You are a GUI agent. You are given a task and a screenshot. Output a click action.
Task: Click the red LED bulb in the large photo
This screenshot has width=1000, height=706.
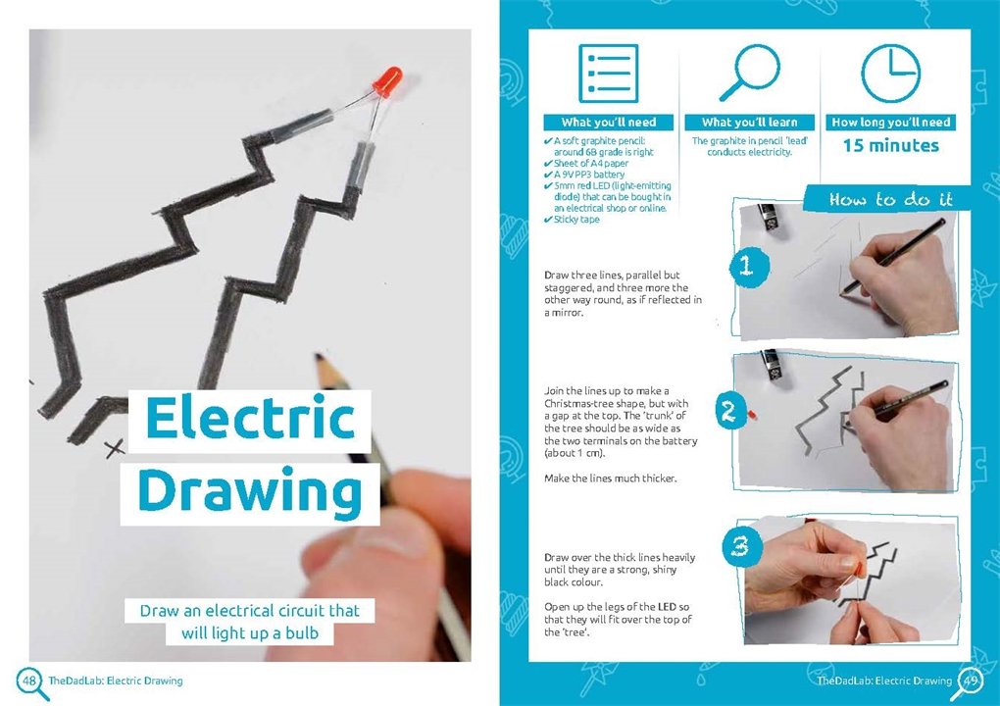click(x=387, y=81)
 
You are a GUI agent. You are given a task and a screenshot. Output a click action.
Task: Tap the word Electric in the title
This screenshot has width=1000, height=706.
click(x=250, y=418)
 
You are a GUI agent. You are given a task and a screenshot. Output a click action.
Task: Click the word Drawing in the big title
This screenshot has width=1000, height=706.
click(x=250, y=491)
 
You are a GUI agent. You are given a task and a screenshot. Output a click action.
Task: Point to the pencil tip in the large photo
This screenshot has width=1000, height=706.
click(x=319, y=360)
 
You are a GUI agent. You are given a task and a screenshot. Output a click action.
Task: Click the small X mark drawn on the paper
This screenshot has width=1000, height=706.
click(x=115, y=448)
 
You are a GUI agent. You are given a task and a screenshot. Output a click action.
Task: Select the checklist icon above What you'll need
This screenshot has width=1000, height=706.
click(x=608, y=74)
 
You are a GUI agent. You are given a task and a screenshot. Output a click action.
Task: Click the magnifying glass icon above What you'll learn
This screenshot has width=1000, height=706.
click(x=750, y=72)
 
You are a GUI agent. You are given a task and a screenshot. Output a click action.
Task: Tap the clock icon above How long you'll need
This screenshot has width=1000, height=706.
click(x=890, y=73)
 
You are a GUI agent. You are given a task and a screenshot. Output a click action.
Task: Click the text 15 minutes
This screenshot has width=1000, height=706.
click(x=891, y=145)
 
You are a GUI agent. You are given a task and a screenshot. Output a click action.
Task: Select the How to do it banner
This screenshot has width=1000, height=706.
click(x=889, y=199)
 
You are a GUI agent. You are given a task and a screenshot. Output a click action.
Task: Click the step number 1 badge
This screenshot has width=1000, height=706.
click(x=747, y=266)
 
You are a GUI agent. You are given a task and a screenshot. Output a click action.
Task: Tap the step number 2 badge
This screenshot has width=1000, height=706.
click(x=730, y=411)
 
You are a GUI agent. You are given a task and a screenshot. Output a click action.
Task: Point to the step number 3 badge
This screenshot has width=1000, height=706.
click(x=741, y=546)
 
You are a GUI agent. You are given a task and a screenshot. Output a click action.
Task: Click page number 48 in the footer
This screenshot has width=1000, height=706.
click(x=29, y=681)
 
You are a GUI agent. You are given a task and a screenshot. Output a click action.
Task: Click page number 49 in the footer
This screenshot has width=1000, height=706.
click(x=970, y=681)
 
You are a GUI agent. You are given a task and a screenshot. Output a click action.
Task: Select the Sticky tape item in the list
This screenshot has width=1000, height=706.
click(x=575, y=220)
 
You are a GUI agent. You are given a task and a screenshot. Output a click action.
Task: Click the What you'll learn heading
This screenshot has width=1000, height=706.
click(x=749, y=122)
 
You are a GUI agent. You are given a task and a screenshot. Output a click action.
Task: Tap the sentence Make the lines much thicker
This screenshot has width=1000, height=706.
click(x=611, y=479)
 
